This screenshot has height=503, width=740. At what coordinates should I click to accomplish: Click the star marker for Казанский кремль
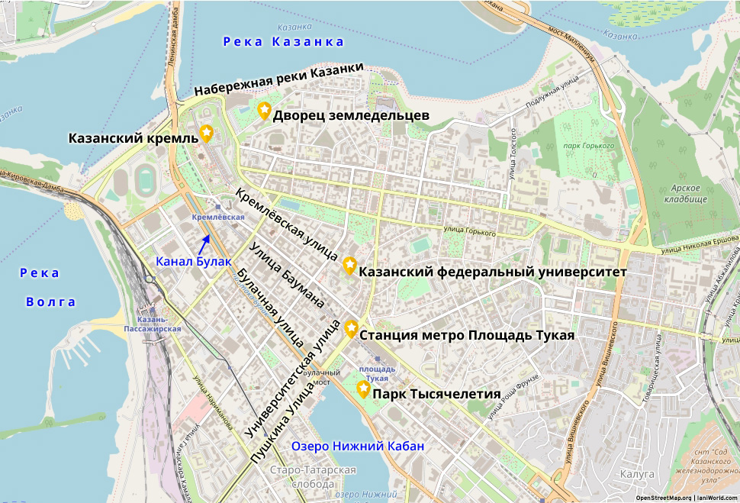206,134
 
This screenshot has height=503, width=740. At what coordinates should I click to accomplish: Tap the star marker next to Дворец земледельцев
264,111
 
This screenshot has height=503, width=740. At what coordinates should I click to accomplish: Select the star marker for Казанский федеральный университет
349,265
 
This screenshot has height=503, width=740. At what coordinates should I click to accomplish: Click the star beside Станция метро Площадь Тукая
351,328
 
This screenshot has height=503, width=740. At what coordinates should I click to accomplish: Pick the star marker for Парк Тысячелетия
363,389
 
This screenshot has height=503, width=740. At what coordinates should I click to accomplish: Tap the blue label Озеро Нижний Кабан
358,446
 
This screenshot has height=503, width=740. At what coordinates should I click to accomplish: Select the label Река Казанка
284,41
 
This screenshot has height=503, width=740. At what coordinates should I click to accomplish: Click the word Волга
51,301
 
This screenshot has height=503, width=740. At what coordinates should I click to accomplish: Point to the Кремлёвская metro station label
218,218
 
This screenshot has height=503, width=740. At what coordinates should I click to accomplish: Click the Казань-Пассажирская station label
153,324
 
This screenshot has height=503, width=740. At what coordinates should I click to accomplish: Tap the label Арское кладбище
689,193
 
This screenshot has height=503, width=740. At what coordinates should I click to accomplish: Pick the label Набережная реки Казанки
278,79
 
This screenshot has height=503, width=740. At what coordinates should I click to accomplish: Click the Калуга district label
637,474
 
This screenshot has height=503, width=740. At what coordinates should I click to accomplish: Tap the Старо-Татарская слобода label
313,477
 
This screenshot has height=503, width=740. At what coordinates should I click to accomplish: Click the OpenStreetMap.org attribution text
663,498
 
